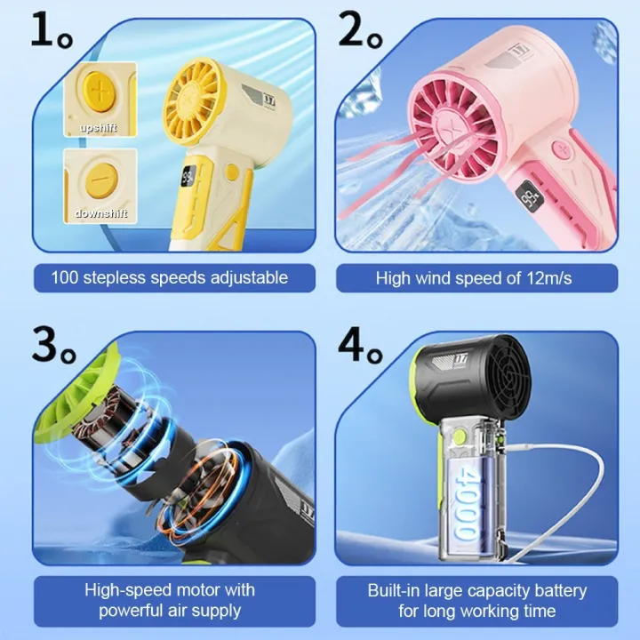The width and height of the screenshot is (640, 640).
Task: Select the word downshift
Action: [x=100, y=213]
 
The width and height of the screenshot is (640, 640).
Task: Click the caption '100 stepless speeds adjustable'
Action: [x=169, y=278]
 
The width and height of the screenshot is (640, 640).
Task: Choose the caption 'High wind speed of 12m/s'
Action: [x=474, y=278]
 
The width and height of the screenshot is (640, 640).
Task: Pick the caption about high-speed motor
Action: [x=169, y=600]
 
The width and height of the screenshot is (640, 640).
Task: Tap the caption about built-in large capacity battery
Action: [x=476, y=600]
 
